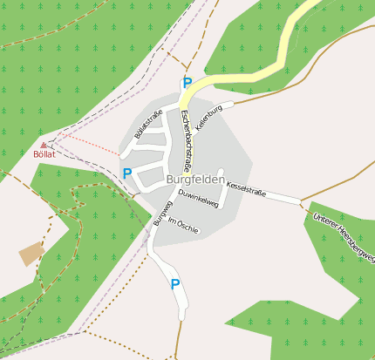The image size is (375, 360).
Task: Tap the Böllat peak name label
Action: pos(44,154)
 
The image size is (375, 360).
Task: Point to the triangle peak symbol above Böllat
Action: pos(44,145)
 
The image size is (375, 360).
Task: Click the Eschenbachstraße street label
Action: pos(186,139)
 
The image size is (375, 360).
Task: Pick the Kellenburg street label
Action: pos(210,117)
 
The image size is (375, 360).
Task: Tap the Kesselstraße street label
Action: pos(246,187)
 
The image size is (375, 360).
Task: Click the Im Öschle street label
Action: pos(183,226)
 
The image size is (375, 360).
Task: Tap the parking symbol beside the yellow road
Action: pos(187,83)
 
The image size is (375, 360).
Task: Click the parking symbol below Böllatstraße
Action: pos(127,173)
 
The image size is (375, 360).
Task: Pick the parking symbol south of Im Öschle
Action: pos(175,283)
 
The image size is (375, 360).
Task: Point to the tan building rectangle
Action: pos(32,254)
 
